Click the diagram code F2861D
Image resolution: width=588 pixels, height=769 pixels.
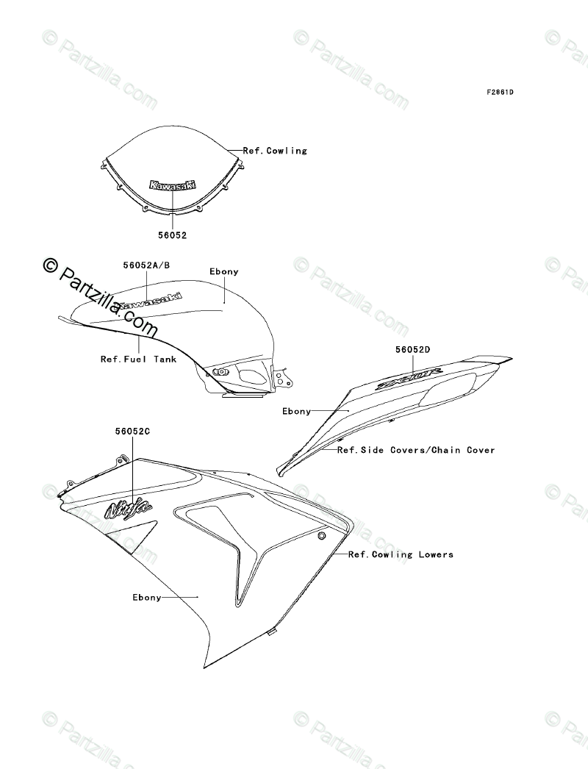pyautogui.click(x=500, y=93)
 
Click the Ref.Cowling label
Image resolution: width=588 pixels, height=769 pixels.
pyautogui.click(x=275, y=151)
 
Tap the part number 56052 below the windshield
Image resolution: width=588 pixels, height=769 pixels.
pyautogui.click(x=172, y=235)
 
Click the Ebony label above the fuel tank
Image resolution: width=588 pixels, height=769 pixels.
pyautogui.click(x=224, y=271)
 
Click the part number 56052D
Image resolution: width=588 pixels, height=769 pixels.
pyautogui.click(x=414, y=350)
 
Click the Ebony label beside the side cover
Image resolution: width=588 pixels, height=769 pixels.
pyautogui.click(x=297, y=412)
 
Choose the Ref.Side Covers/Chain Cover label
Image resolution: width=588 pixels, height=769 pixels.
pyautogui.click(x=416, y=450)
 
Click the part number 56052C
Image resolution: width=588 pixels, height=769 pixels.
pyautogui.click(x=132, y=432)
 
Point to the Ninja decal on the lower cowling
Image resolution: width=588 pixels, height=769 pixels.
pyautogui.click(x=129, y=507)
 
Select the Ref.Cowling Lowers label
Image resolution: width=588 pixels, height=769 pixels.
pyautogui.click(x=401, y=554)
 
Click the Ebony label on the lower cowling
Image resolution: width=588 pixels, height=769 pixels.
pyautogui.click(x=147, y=597)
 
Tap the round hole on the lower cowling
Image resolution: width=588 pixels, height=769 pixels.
pyautogui.click(x=321, y=537)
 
